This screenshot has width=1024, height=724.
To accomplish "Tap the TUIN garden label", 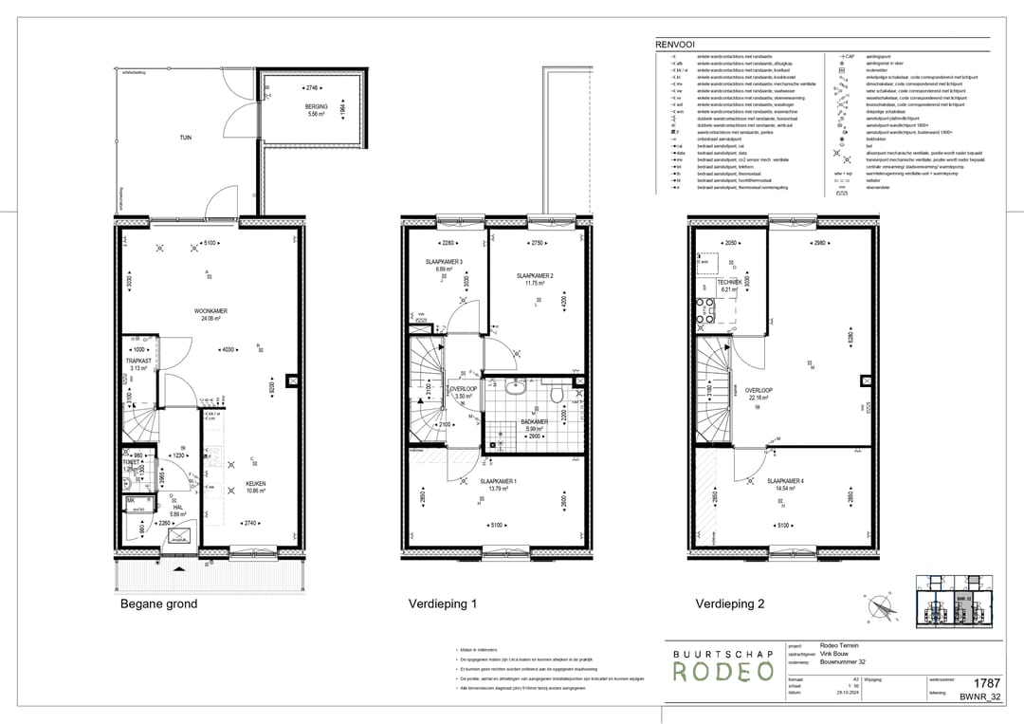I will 186,138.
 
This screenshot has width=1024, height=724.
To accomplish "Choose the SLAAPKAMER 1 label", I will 498,482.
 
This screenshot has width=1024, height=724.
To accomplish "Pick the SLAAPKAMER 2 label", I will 535,276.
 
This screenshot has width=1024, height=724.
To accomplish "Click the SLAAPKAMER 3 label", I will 443,262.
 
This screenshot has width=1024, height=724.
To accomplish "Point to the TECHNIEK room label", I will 728,283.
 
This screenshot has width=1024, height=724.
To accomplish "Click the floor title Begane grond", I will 158,603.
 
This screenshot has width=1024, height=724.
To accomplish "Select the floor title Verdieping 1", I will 442,603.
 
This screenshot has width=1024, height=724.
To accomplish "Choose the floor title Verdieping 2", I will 729,603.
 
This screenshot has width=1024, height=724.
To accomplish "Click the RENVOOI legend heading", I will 676,44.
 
